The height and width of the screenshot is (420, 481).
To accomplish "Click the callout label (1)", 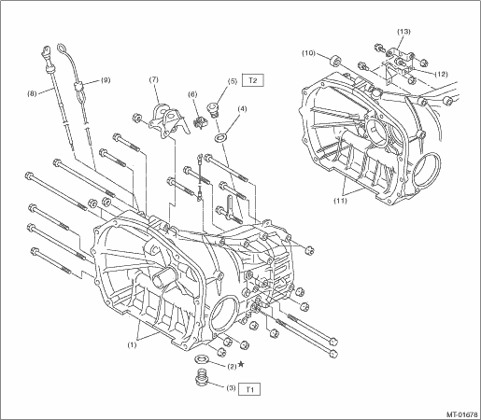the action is (x=132, y=345).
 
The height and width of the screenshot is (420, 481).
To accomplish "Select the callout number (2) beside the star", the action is (x=232, y=367).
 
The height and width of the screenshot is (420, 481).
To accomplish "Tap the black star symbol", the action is (x=241, y=364).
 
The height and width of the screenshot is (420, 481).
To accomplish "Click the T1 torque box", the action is (x=249, y=389).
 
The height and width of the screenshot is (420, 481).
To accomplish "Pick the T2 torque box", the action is (x=253, y=80).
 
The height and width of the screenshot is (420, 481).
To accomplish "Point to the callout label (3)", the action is (x=231, y=388).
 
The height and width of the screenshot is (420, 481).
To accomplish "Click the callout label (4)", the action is (x=242, y=109).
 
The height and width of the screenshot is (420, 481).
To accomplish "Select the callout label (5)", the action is (x=233, y=81).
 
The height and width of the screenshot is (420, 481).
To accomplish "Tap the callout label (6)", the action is (x=192, y=94).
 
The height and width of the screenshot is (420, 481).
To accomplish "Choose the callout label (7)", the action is (x=153, y=79).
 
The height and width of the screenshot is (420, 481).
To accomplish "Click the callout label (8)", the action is (x=32, y=93).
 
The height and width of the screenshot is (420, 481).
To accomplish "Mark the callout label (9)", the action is (x=105, y=80).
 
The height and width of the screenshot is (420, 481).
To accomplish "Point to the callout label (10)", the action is (x=308, y=53).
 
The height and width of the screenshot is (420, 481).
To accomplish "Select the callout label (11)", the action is (x=340, y=201).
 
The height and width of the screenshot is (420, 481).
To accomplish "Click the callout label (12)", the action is (x=441, y=74).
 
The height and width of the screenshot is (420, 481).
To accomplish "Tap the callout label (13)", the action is (x=403, y=32).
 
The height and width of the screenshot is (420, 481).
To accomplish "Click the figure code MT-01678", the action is (x=462, y=414).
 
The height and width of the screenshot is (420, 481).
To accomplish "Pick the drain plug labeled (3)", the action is (x=202, y=376).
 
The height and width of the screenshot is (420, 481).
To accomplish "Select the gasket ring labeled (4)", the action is (x=220, y=137).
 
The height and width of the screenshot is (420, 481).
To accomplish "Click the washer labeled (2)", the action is (x=202, y=359).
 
